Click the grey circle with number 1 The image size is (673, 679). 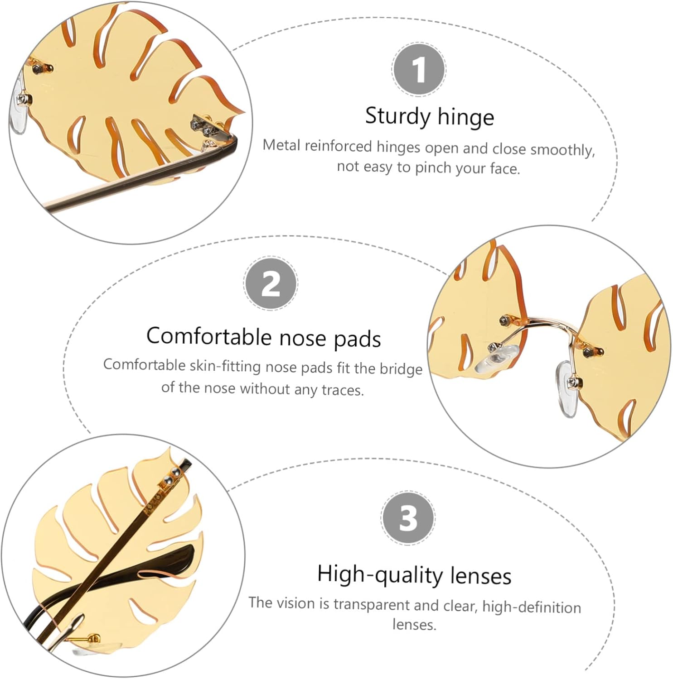pos(419,69)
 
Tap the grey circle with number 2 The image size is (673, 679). pos(271,283)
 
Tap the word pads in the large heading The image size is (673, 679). pos(357,340)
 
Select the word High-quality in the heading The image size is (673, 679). pos(380,575)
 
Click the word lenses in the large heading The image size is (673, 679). pos(481,576)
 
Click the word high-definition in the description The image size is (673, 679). pos(532,607)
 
